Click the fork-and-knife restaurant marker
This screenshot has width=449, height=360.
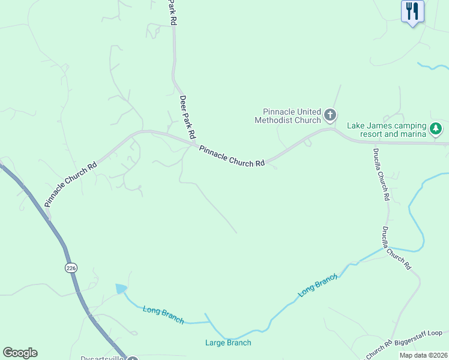(412, 11)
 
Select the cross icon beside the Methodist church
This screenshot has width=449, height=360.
(330, 115)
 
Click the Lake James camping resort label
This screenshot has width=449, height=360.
(387, 130)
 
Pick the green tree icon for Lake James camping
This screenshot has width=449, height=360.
(436, 128)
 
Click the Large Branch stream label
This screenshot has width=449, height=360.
(228, 343)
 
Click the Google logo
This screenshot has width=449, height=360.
(20, 353)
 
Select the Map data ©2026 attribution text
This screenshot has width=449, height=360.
(423, 355)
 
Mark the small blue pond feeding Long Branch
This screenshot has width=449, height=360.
(121, 289)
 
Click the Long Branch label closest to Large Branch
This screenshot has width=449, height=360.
(163, 314)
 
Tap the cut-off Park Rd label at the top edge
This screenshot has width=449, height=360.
(173, 12)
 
